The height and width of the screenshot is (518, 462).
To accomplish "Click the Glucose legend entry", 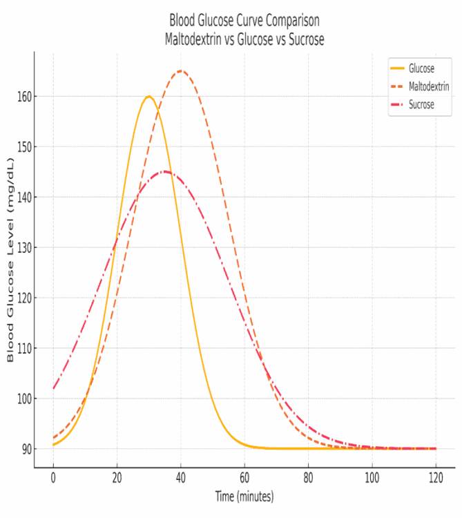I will tap(421, 68).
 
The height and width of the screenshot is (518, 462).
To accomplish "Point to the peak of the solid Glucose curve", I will tap(148, 96).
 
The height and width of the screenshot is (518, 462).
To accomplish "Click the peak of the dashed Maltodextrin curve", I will tap(181, 70).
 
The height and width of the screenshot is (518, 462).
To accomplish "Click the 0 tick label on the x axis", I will tap(53, 477).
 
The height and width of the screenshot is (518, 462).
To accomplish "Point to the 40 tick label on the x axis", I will tap(181, 477).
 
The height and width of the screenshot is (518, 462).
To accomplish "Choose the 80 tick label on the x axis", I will tap(308, 477).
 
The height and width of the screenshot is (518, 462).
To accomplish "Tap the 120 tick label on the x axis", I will tap(436, 477).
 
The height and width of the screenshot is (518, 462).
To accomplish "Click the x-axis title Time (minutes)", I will tap(244, 497).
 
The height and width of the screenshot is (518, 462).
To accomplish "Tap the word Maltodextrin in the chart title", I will tap(195, 40).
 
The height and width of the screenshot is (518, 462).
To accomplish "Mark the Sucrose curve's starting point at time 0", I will tap(53, 388).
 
